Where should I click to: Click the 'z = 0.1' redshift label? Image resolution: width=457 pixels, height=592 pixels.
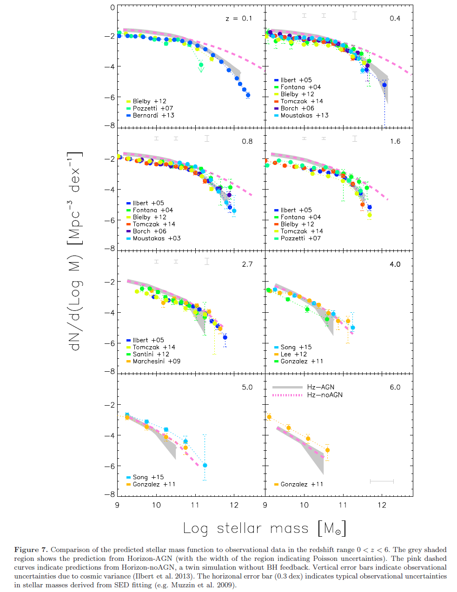[x=238, y=19]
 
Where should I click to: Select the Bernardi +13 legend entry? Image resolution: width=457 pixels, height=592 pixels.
[x=150, y=115]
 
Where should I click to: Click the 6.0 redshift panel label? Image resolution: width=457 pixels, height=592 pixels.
[x=395, y=387]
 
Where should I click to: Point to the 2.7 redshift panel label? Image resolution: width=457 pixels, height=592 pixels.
[x=247, y=264]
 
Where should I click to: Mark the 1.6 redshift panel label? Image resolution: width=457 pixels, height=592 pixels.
[x=395, y=141]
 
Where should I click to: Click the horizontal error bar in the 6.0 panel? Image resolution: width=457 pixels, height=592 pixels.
[x=382, y=481]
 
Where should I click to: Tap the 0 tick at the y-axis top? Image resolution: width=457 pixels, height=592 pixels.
[x=113, y=7]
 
